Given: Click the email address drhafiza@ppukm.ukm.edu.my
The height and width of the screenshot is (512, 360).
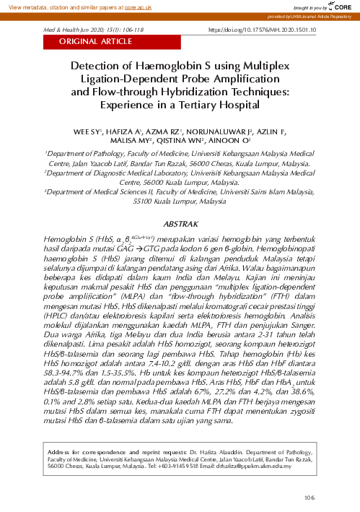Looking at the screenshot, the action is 255,467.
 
